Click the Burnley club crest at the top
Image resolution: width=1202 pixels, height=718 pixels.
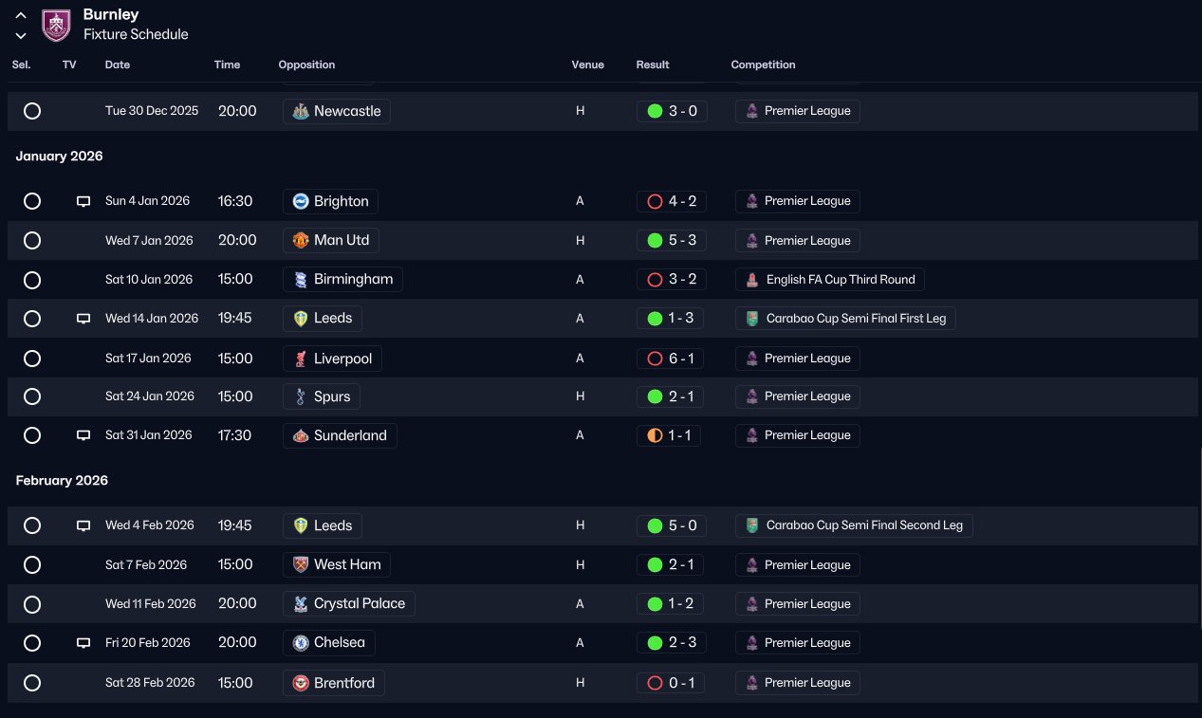[56, 26]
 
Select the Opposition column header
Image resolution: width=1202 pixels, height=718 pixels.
[306, 64]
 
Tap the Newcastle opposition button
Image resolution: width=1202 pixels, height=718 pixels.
[337, 111]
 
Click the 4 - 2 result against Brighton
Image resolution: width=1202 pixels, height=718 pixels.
[672, 201]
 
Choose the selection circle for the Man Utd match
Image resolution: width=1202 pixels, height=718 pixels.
[32, 240]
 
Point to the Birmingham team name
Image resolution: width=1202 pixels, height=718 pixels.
[353, 279]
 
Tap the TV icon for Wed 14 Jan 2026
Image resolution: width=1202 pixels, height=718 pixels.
[83, 319]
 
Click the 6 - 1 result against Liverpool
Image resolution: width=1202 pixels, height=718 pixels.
[670, 359]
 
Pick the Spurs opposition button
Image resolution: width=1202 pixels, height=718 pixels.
[322, 396]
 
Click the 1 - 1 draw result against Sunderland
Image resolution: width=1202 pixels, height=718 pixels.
[669, 435]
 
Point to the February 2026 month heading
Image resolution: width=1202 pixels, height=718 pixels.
[62, 480]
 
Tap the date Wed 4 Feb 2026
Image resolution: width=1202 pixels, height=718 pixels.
[150, 525]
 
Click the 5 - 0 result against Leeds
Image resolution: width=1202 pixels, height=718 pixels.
[672, 525]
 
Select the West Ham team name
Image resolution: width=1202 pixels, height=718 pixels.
[347, 564]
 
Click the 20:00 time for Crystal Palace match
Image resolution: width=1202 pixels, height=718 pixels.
[237, 603]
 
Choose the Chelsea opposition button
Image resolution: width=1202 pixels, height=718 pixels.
[329, 643]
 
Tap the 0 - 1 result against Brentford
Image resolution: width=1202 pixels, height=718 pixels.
[670, 683]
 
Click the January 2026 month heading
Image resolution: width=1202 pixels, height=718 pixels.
[59, 156]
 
